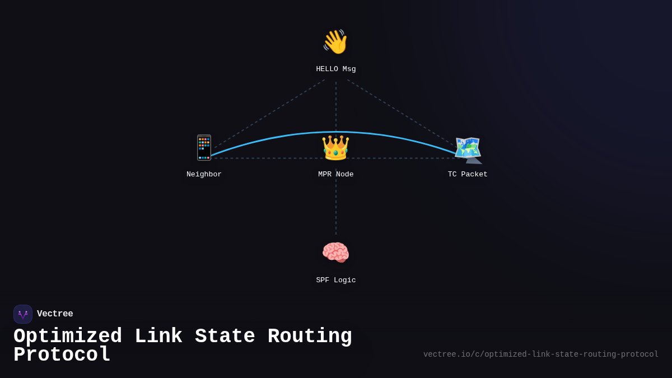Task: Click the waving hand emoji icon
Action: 335,42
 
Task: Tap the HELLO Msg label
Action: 336,69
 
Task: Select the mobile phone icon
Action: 204,147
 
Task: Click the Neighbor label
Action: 204,175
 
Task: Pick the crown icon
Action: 335,148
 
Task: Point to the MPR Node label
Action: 336,175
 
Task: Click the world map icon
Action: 467,148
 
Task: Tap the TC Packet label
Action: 468,175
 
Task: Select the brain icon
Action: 335,253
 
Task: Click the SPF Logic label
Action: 336,281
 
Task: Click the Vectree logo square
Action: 23,314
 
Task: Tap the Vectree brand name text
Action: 55,314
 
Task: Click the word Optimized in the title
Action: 68,337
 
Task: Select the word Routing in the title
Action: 310,337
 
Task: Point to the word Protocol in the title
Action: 62,355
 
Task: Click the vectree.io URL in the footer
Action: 540,354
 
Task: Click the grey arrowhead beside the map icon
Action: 474,160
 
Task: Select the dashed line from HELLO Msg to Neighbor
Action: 269,114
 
